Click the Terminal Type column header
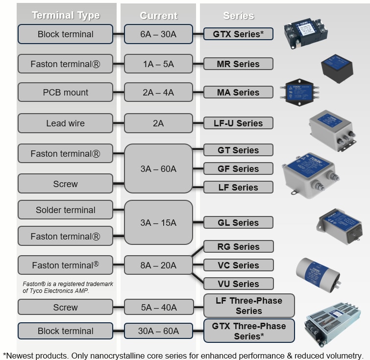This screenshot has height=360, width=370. tap(66, 16)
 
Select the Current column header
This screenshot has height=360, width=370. tap(158, 16)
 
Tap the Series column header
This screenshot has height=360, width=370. tap(238, 16)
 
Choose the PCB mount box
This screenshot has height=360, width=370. tap(66, 92)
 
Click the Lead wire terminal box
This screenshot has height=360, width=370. tap(66, 123)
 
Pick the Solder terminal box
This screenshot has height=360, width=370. tap(66, 210)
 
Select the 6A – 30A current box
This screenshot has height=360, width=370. tap(158, 34)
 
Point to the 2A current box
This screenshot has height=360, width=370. tap(158, 123)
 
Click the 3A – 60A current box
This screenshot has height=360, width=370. tap(158, 168)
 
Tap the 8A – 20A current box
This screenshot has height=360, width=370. tap(158, 265)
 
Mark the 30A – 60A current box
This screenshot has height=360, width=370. tap(158, 331)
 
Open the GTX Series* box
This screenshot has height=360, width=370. tap(238, 34)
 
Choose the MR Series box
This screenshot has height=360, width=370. tap(238, 64)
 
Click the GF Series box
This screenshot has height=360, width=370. tap(238, 168)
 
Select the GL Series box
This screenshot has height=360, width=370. tap(238, 222)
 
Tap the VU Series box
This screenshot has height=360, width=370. tap(238, 284)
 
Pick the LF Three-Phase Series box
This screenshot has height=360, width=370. tap(249, 306)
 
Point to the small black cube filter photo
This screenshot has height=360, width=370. tap(337, 68)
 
